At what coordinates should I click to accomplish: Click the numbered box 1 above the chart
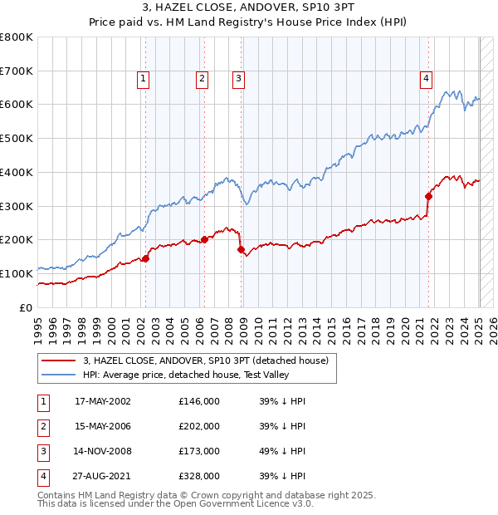coord(144,79)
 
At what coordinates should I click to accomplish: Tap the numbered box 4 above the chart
coord(426,79)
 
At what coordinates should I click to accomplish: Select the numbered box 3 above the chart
coord(238,79)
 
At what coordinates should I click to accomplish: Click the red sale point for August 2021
coord(429,197)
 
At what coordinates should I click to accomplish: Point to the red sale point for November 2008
coord(241,249)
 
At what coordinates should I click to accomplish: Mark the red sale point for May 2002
coord(145,258)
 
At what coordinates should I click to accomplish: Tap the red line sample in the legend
coord(60,360)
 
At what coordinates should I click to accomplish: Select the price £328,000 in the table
coord(199,476)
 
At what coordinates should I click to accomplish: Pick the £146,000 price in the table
coord(199,401)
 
